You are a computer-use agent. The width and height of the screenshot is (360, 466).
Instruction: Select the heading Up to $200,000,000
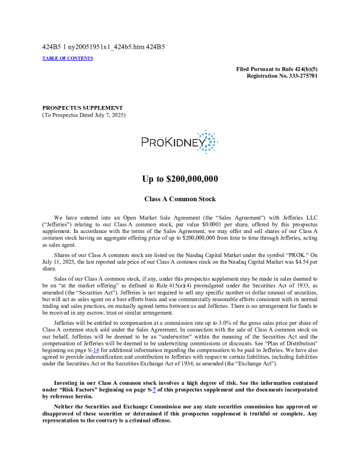[x=180, y=179]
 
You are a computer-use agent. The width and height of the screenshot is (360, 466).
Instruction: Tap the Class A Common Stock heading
[x=180, y=199]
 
